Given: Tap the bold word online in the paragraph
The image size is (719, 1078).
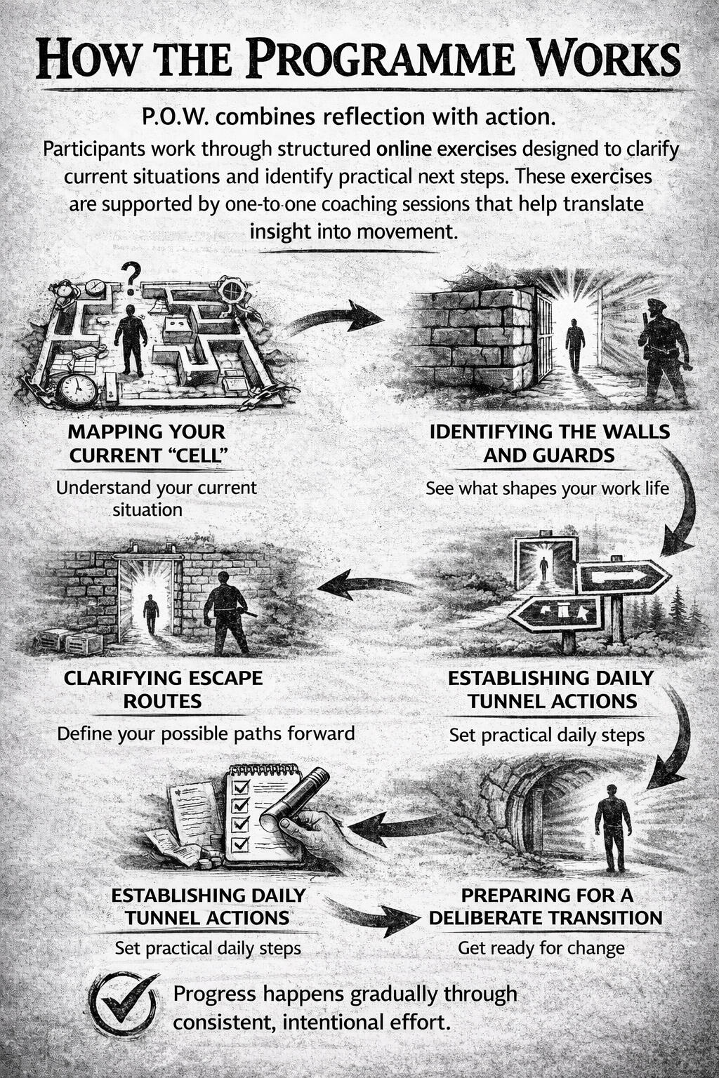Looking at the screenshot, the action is coord(404,149).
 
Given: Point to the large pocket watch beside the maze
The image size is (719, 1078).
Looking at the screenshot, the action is coord(77,391).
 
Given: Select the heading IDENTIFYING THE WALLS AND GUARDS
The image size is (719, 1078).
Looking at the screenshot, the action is coord(550,444).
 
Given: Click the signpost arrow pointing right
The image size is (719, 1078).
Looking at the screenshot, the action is coord(622,576).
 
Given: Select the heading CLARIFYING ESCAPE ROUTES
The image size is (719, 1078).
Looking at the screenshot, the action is coord(163,689).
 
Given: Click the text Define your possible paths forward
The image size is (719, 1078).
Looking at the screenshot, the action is coord(206,733).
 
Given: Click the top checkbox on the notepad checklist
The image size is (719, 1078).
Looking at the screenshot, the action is coord(240,786).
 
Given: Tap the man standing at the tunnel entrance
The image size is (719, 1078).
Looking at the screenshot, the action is coord(612,827).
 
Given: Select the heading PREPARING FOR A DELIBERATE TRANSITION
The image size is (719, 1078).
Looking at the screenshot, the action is coord(546,907).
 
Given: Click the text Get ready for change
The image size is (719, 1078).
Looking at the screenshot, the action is coord(541,949).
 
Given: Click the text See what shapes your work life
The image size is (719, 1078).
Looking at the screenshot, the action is coord(547,488).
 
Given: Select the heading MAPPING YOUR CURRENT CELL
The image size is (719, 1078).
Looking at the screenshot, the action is coord(147,444).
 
